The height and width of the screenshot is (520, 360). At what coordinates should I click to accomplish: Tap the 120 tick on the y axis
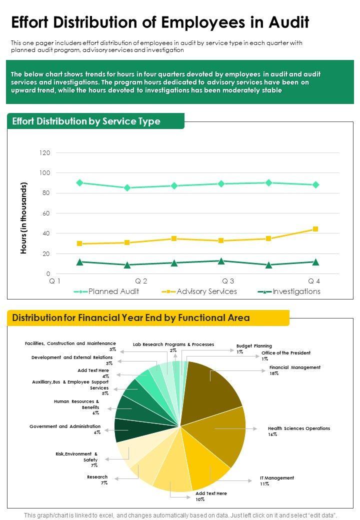click(x=45, y=152)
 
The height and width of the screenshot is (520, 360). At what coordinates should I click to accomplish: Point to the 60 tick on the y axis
click(x=46, y=213)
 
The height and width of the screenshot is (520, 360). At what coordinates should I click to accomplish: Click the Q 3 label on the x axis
click(x=228, y=281)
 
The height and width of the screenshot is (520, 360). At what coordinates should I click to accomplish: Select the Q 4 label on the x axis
click(x=314, y=281)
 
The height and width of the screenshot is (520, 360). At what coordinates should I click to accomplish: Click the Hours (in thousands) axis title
click(x=23, y=217)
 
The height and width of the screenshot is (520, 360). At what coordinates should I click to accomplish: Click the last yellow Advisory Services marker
click(x=315, y=229)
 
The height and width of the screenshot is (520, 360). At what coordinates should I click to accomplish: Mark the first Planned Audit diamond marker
click(x=79, y=183)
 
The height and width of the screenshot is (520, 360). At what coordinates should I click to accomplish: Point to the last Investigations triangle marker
click(x=315, y=262)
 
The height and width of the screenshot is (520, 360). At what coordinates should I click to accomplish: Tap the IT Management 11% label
click(x=277, y=480)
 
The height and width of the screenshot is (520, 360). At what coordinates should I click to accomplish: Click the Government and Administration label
click(x=65, y=429)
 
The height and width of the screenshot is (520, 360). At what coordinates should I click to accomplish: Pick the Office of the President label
click(x=285, y=355)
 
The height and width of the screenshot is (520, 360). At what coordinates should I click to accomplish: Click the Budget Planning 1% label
click(x=254, y=348)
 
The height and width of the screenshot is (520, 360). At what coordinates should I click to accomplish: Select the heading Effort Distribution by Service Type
click(x=86, y=121)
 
